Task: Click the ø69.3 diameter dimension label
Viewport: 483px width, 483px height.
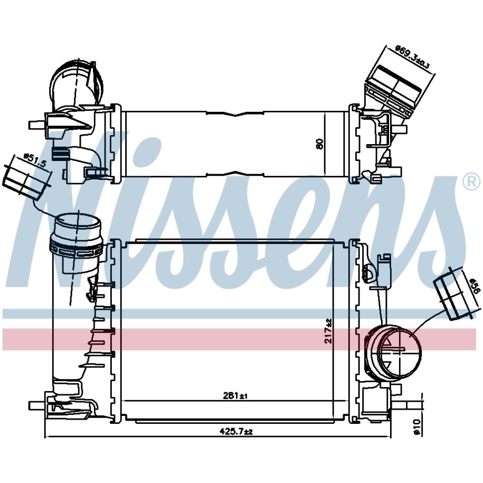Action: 412,56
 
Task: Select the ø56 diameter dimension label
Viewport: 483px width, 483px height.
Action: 475,287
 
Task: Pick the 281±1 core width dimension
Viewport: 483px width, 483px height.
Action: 235,395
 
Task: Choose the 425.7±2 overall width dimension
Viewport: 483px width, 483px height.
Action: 236,432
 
